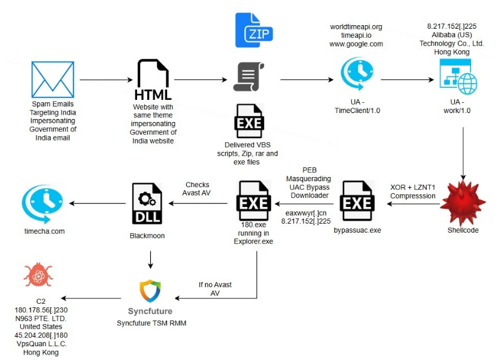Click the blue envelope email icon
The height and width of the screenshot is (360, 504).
point(53,80)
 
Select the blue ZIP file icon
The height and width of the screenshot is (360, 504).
point(254,29)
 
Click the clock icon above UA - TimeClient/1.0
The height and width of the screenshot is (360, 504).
point(357,74)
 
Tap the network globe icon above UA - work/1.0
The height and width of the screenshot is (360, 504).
point(458,78)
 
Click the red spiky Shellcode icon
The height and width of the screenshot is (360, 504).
point(462,204)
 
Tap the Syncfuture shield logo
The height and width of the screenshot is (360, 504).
point(150,291)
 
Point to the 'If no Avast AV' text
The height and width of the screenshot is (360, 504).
point(209,289)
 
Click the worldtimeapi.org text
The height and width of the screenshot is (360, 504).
point(356,27)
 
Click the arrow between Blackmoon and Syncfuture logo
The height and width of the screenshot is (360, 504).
point(150,259)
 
